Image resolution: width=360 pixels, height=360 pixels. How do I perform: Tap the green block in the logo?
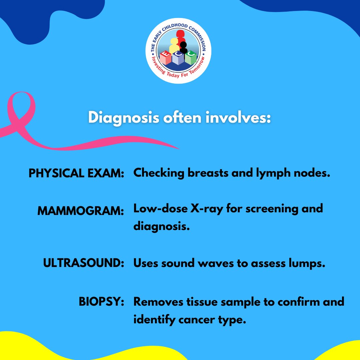pyautogui.click(x=191, y=59)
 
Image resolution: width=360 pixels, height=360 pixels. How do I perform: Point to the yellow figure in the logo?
pyautogui.click(x=174, y=45)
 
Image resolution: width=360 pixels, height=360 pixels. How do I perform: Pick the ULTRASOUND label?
pyautogui.click(x=84, y=263)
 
